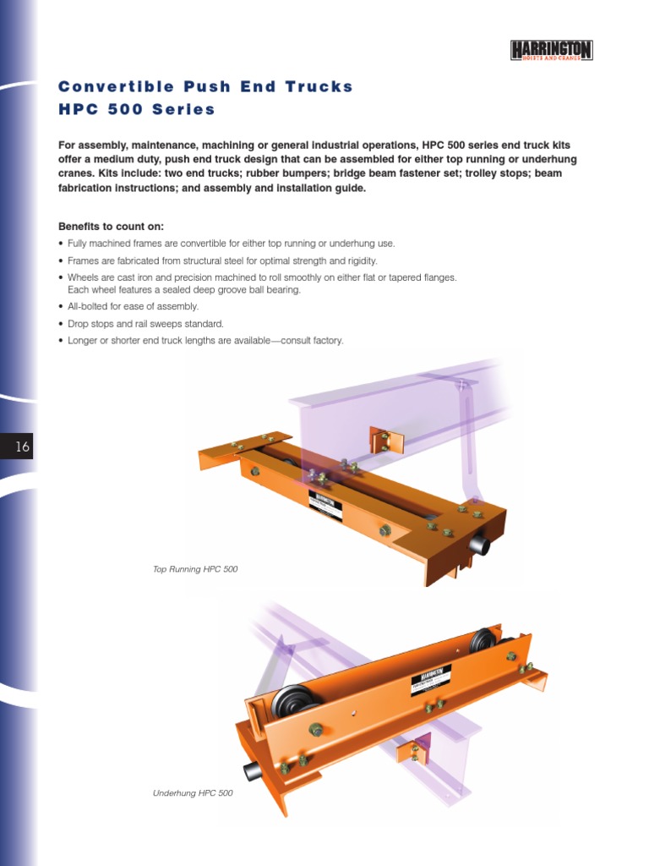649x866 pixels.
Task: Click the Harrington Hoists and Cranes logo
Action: (552, 51)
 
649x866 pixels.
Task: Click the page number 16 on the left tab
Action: (22, 447)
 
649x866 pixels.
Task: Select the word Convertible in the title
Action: (111, 86)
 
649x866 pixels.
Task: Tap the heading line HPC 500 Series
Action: (136, 109)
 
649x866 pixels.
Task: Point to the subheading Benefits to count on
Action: (111, 227)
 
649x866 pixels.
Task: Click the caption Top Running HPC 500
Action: (195, 569)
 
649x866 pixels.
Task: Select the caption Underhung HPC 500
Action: (193, 793)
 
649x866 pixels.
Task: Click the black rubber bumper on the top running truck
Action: (479, 545)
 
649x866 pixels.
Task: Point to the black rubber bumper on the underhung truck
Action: (252, 770)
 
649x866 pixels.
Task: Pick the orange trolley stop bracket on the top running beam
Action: (384, 441)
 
